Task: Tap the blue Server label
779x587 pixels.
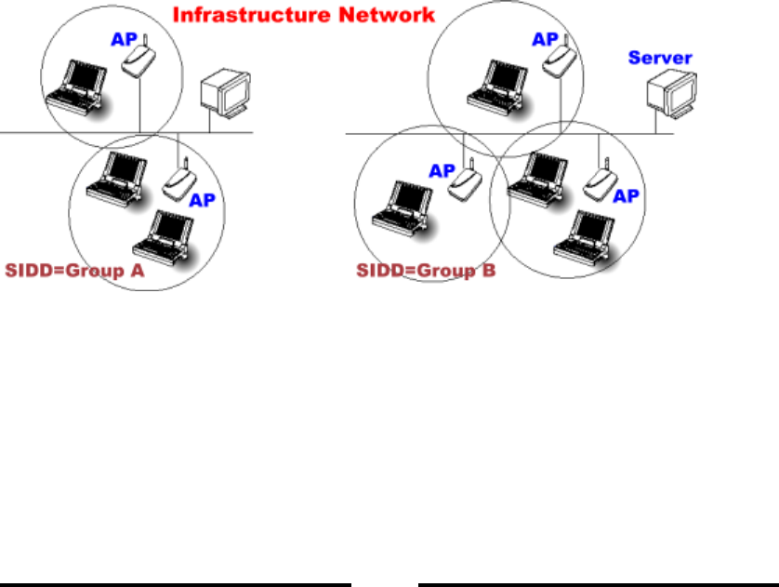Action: (660, 58)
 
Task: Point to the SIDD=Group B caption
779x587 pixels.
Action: (427, 272)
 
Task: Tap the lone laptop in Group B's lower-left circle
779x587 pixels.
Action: (400, 204)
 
